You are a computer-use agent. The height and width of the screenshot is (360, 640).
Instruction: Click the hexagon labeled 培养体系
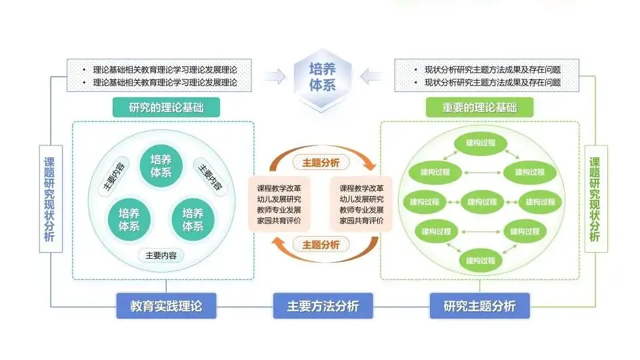[323, 78]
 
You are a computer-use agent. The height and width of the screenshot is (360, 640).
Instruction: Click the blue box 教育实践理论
[166, 306]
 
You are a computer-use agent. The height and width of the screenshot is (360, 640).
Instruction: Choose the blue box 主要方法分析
[323, 306]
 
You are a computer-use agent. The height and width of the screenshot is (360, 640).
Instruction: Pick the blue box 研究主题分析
[479, 306]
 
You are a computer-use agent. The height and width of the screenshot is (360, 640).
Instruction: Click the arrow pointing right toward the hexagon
[275, 77]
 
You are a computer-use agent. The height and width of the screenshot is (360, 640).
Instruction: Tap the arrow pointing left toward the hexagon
[371, 77]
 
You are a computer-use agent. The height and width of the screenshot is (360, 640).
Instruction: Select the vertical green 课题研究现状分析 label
[595, 199]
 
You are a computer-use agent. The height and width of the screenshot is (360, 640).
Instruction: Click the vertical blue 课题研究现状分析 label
[49, 199]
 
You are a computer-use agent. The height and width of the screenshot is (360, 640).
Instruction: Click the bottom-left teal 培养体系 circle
[129, 219]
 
